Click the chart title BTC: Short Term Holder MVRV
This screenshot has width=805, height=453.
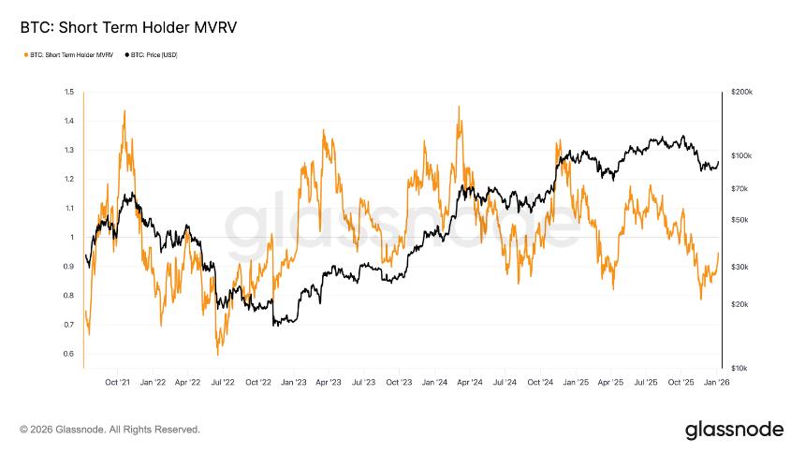128,28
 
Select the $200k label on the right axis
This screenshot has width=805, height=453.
740,93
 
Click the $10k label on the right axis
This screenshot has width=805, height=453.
739,368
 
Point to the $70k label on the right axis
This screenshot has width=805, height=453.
739,189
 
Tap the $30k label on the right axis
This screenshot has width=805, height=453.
739,267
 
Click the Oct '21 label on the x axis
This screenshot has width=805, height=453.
117,383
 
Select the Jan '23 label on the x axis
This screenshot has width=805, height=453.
293,383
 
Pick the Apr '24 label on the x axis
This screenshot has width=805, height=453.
470,383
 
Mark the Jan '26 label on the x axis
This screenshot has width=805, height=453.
717,383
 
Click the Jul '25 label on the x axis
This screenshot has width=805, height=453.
647,383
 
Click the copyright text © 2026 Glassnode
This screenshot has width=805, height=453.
110,430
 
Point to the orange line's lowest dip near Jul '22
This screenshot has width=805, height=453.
217,355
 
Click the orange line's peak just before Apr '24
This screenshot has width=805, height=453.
459,107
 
